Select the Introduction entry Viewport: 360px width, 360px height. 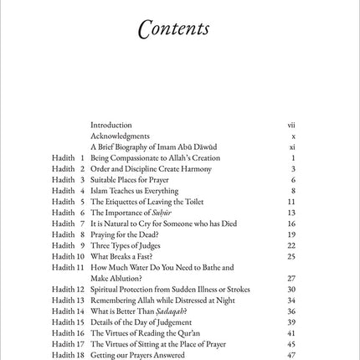(111, 125)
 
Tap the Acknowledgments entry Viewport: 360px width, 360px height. (120, 136)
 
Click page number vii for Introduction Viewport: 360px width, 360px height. (291, 125)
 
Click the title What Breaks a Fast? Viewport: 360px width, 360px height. (122, 256)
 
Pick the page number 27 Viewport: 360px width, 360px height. (291, 278)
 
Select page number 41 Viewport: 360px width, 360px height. (291, 332)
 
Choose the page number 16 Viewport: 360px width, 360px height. (291, 224)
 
